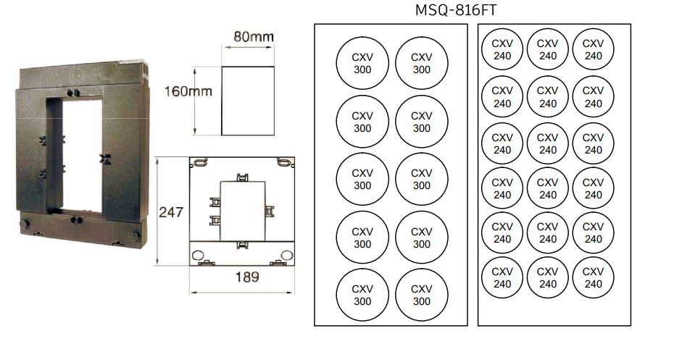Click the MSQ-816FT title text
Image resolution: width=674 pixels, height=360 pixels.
tap(455, 9)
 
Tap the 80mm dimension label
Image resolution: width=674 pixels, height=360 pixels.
tap(253, 36)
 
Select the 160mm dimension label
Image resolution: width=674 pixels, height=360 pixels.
tap(188, 91)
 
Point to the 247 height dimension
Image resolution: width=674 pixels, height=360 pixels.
tap(170, 212)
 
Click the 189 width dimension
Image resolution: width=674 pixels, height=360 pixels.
tap(246, 277)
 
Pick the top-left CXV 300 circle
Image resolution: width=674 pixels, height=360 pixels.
tap(362, 63)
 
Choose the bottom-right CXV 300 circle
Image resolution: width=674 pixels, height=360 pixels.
tap(422, 295)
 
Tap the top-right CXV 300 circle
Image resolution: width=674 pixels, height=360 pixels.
tap(422, 63)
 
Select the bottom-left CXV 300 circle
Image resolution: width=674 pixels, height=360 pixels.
tap(362, 295)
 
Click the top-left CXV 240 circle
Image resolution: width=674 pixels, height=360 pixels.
tap(502, 49)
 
